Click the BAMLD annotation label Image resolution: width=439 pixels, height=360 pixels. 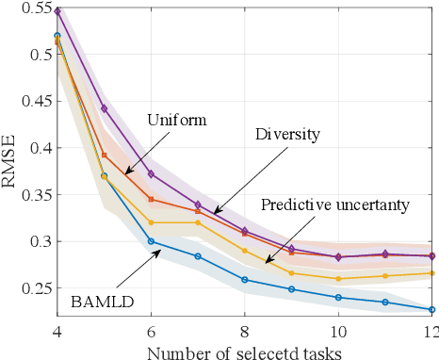(101, 302)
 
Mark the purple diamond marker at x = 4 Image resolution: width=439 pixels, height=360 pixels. (57, 11)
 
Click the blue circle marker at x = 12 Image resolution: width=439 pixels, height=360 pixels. (431, 309)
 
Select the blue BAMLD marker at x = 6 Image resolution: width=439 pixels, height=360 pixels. (151, 241)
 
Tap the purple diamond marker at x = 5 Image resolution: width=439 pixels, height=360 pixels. (105, 108)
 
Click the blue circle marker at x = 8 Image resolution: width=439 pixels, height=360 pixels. (244, 280)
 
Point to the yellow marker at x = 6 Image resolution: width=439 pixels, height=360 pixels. (151, 222)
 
